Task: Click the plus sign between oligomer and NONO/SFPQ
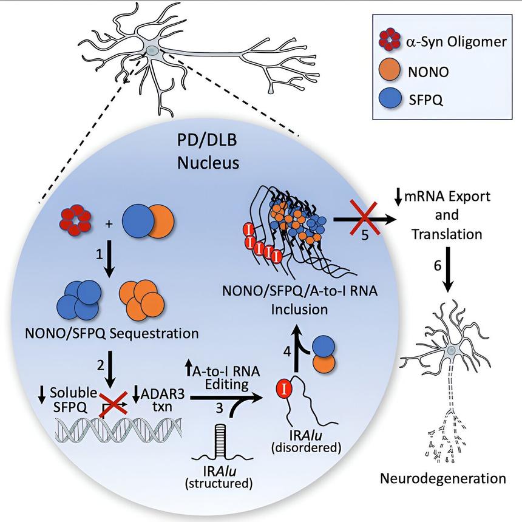110,225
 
